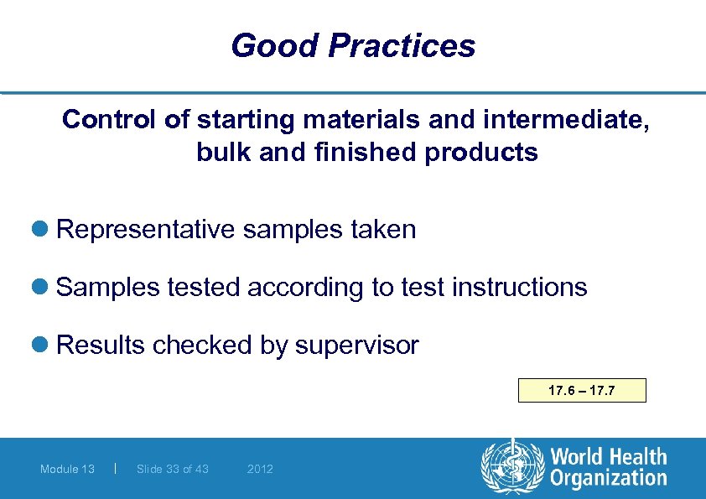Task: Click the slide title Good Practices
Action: point(353,45)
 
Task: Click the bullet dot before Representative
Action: point(44,230)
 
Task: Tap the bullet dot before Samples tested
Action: point(44,288)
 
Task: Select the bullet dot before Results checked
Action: point(44,346)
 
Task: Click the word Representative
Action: point(145,230)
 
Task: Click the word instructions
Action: point(519,288)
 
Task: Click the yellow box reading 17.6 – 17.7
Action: point(582,391)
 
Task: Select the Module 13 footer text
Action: point(67,469)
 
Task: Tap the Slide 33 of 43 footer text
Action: point(172,469)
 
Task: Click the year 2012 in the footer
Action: point(260,469)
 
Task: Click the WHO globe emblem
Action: point(511,467)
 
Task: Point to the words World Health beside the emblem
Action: point(608,457)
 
